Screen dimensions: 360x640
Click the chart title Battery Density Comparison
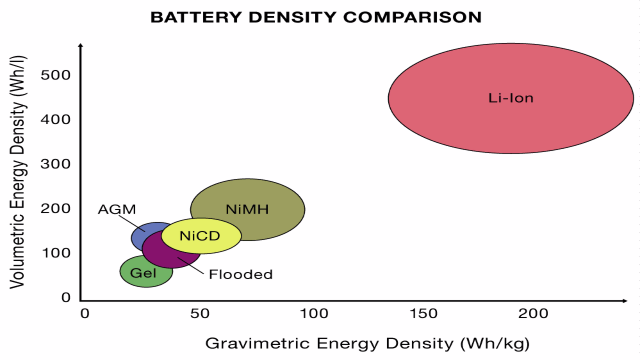point(316,17)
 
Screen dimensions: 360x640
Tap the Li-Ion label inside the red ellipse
point(511,98)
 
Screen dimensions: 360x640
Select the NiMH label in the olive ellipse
point(247,209)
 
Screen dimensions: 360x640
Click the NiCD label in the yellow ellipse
point(200,236)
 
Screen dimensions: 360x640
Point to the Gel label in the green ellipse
point(143,273)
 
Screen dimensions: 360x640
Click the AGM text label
point(117,209)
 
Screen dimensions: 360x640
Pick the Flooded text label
point(241,274)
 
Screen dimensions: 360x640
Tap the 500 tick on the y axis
point(56,75)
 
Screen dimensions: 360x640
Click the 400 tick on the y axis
point(56,119)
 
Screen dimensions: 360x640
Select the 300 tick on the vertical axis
point(56,164)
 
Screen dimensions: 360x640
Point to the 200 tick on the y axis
point(56,209)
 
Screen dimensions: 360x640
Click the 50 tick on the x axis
point(200,314)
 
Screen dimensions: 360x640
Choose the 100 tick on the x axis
point(314,314)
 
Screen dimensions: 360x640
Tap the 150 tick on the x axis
point(423,314)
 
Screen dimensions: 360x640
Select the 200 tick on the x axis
point(533,314)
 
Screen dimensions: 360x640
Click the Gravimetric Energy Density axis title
point(367,344)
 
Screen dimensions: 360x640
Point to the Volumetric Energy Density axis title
point(17,172)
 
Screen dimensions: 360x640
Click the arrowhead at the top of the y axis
point(80,45)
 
